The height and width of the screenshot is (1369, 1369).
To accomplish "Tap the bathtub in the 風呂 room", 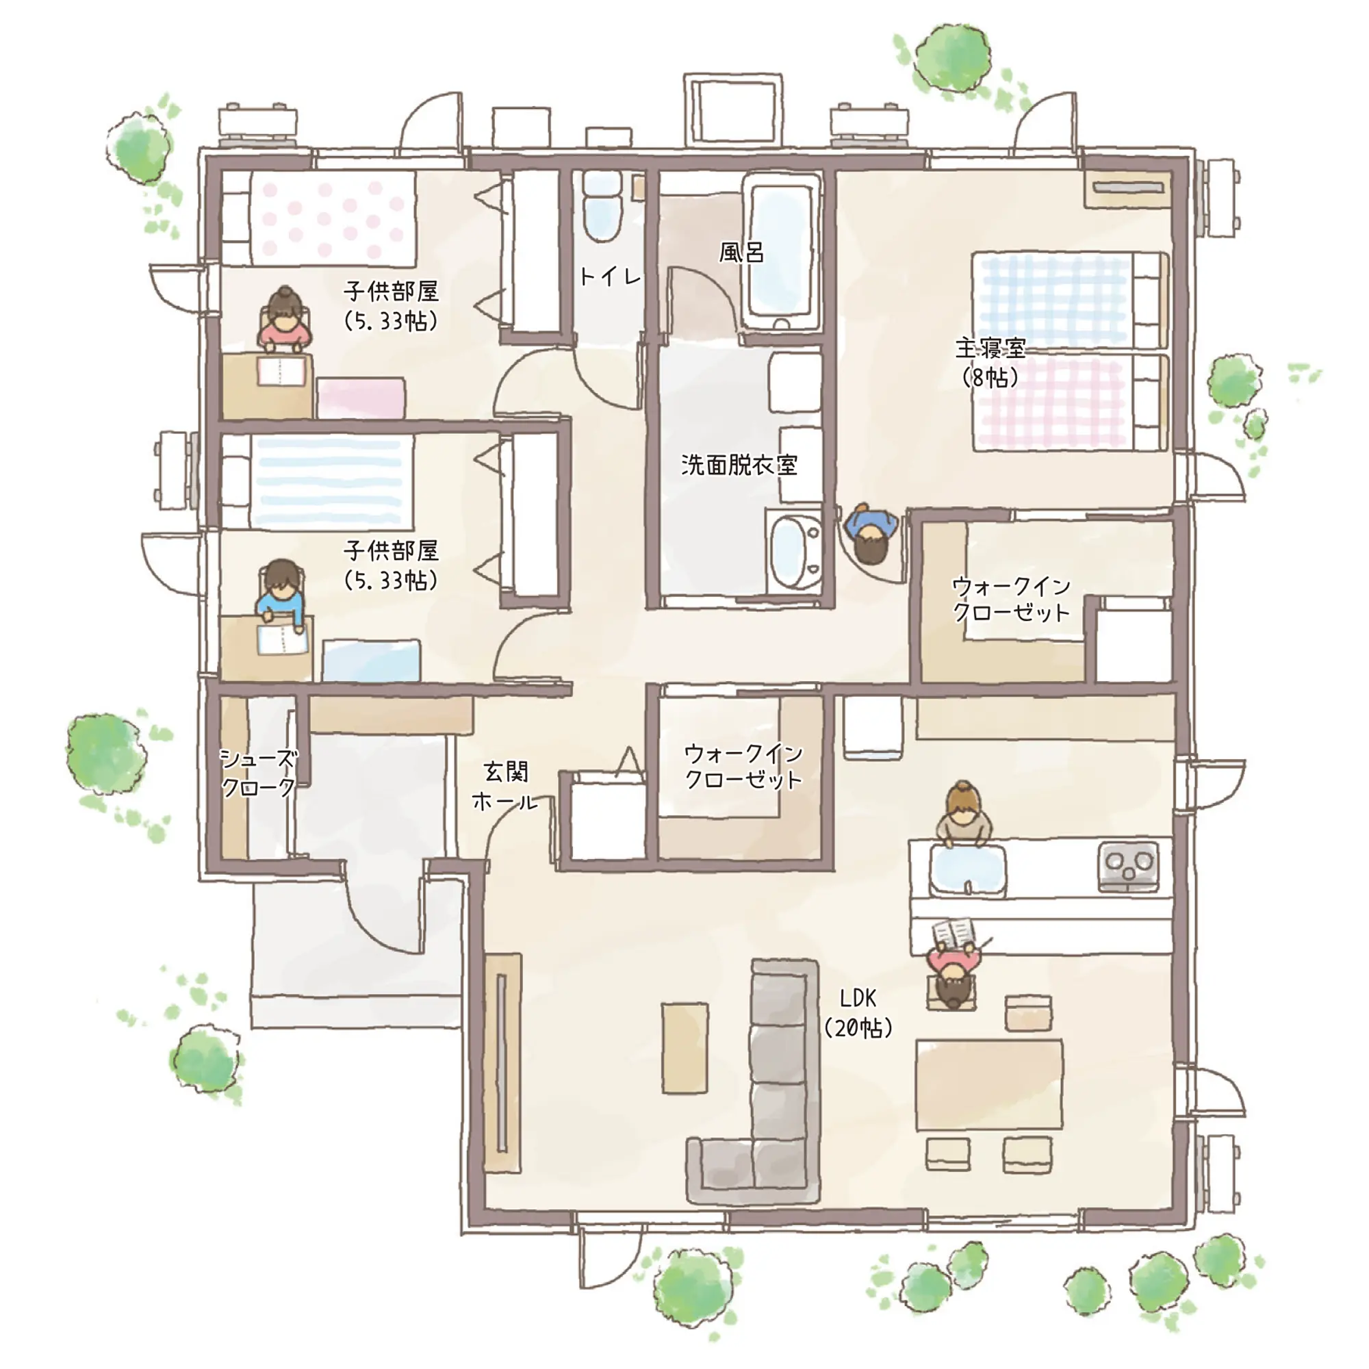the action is point(782,251).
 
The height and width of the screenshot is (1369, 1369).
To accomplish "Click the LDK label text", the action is point(858,999).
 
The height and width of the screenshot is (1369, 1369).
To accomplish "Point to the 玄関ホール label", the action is point(505,786).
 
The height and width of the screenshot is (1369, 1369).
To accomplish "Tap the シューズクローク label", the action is point(258,773).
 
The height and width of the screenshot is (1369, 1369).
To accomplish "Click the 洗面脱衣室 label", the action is point(739,465).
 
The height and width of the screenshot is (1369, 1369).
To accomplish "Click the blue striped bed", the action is point(318,481).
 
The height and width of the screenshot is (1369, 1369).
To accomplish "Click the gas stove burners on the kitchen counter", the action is point(1128,865).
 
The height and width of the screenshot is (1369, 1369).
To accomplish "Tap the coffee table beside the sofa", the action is point(684,1048).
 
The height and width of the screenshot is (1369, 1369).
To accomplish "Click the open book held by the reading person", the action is point(953,933).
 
